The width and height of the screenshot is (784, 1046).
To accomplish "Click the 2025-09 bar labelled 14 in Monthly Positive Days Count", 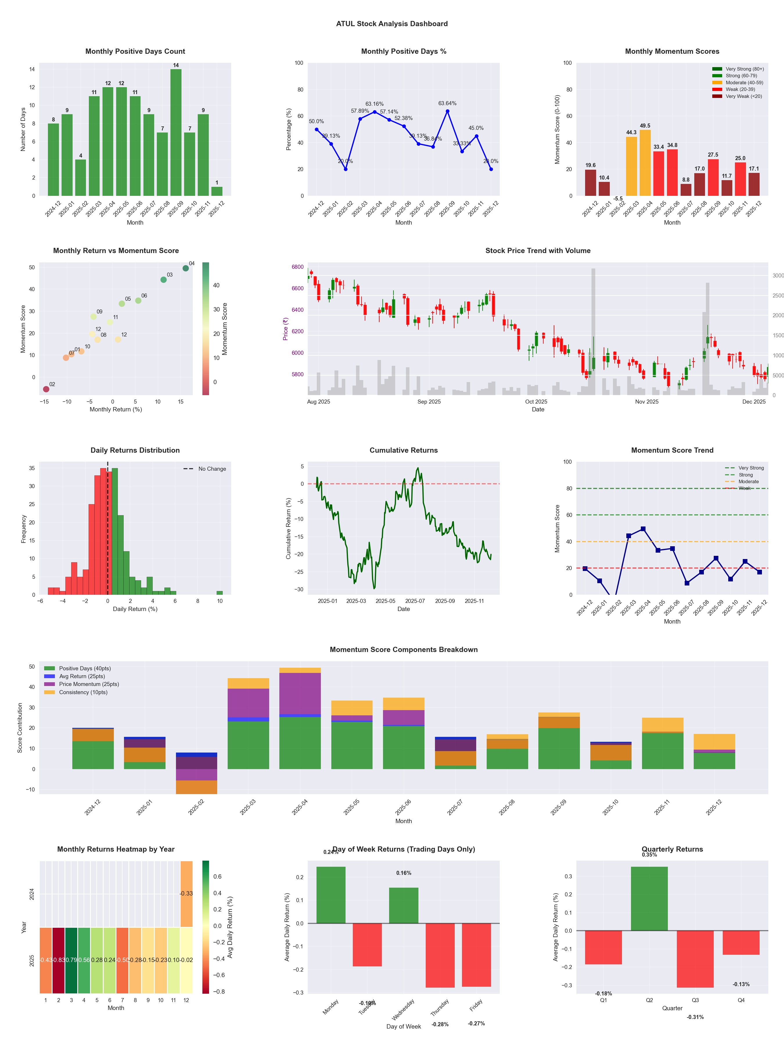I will [176, 132].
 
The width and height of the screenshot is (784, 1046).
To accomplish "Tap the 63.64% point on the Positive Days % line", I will [447, 111].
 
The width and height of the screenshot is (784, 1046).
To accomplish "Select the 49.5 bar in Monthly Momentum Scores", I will [645, 163].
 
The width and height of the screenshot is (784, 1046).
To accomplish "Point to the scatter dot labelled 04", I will [186, 268].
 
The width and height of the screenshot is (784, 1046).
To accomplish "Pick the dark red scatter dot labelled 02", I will [46, 389].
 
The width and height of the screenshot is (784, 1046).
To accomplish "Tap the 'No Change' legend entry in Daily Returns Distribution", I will [212, 469].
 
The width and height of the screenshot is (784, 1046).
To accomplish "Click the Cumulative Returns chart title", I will [404, 450].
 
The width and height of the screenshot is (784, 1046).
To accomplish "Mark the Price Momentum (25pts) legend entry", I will [89, 684].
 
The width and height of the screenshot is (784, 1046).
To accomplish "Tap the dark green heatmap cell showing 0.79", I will [71, 960].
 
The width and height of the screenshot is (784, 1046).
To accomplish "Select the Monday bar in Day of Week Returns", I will [331, 895].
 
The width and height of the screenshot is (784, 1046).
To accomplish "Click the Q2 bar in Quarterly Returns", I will [649, 898].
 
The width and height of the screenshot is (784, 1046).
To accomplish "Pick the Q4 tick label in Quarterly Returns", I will [741, 1000].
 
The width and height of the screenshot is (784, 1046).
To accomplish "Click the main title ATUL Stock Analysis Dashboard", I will [392, 24].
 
